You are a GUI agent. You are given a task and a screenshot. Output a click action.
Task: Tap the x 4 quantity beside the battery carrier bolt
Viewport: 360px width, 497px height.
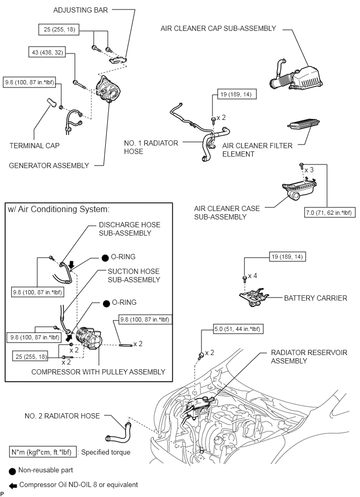[253, 275]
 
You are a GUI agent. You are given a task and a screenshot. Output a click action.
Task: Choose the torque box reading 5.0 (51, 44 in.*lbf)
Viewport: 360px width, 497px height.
[238, 329]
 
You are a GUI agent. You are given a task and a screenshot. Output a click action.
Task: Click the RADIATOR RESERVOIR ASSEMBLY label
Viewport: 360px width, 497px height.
[309, 357]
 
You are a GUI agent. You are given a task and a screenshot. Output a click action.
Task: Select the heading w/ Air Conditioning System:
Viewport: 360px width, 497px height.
[58, 209]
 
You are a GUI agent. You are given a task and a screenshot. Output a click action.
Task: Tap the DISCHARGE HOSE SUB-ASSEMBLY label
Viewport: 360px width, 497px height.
[129, 229]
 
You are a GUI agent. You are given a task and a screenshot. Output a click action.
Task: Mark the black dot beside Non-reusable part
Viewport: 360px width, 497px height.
[12, 470]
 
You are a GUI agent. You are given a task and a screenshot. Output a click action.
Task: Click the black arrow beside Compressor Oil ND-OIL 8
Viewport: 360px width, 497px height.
[12, 485]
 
